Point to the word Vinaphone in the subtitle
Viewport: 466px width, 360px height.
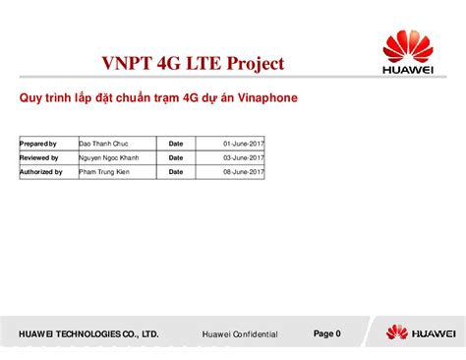tap(255, 98)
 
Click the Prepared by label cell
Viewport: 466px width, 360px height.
tap(39, 144)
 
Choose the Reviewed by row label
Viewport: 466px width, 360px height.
tap(39, 157)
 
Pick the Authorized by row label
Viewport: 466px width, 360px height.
tap(41, 171)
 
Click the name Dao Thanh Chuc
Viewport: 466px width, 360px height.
tap(103, 144)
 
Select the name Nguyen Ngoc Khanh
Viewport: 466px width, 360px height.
tap(109, 157)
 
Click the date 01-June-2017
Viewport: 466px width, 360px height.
tap(243, 144)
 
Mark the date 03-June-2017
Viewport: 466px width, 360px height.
tap(243, 157)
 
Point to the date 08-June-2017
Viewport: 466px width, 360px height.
tap(243, 171)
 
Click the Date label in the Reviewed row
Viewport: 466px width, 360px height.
tap(176, 157)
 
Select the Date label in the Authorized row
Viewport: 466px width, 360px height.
tap(176, 171)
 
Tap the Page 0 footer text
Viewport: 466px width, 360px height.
tap(326, 333)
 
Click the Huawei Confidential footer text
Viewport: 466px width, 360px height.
tap(240, 334)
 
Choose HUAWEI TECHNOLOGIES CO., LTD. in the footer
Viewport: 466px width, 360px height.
tap(82, 334)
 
